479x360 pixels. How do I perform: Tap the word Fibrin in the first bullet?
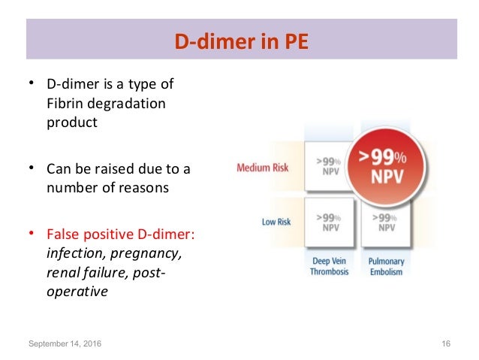tap(65, 102)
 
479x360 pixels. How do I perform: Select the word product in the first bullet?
tap(72, 122)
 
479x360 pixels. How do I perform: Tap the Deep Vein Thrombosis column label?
tap(330, 266)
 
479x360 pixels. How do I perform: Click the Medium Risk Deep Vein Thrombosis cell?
tap(330, 167)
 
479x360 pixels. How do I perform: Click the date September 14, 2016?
tap(65, 343)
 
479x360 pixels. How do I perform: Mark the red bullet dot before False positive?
tap(32, 233)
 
